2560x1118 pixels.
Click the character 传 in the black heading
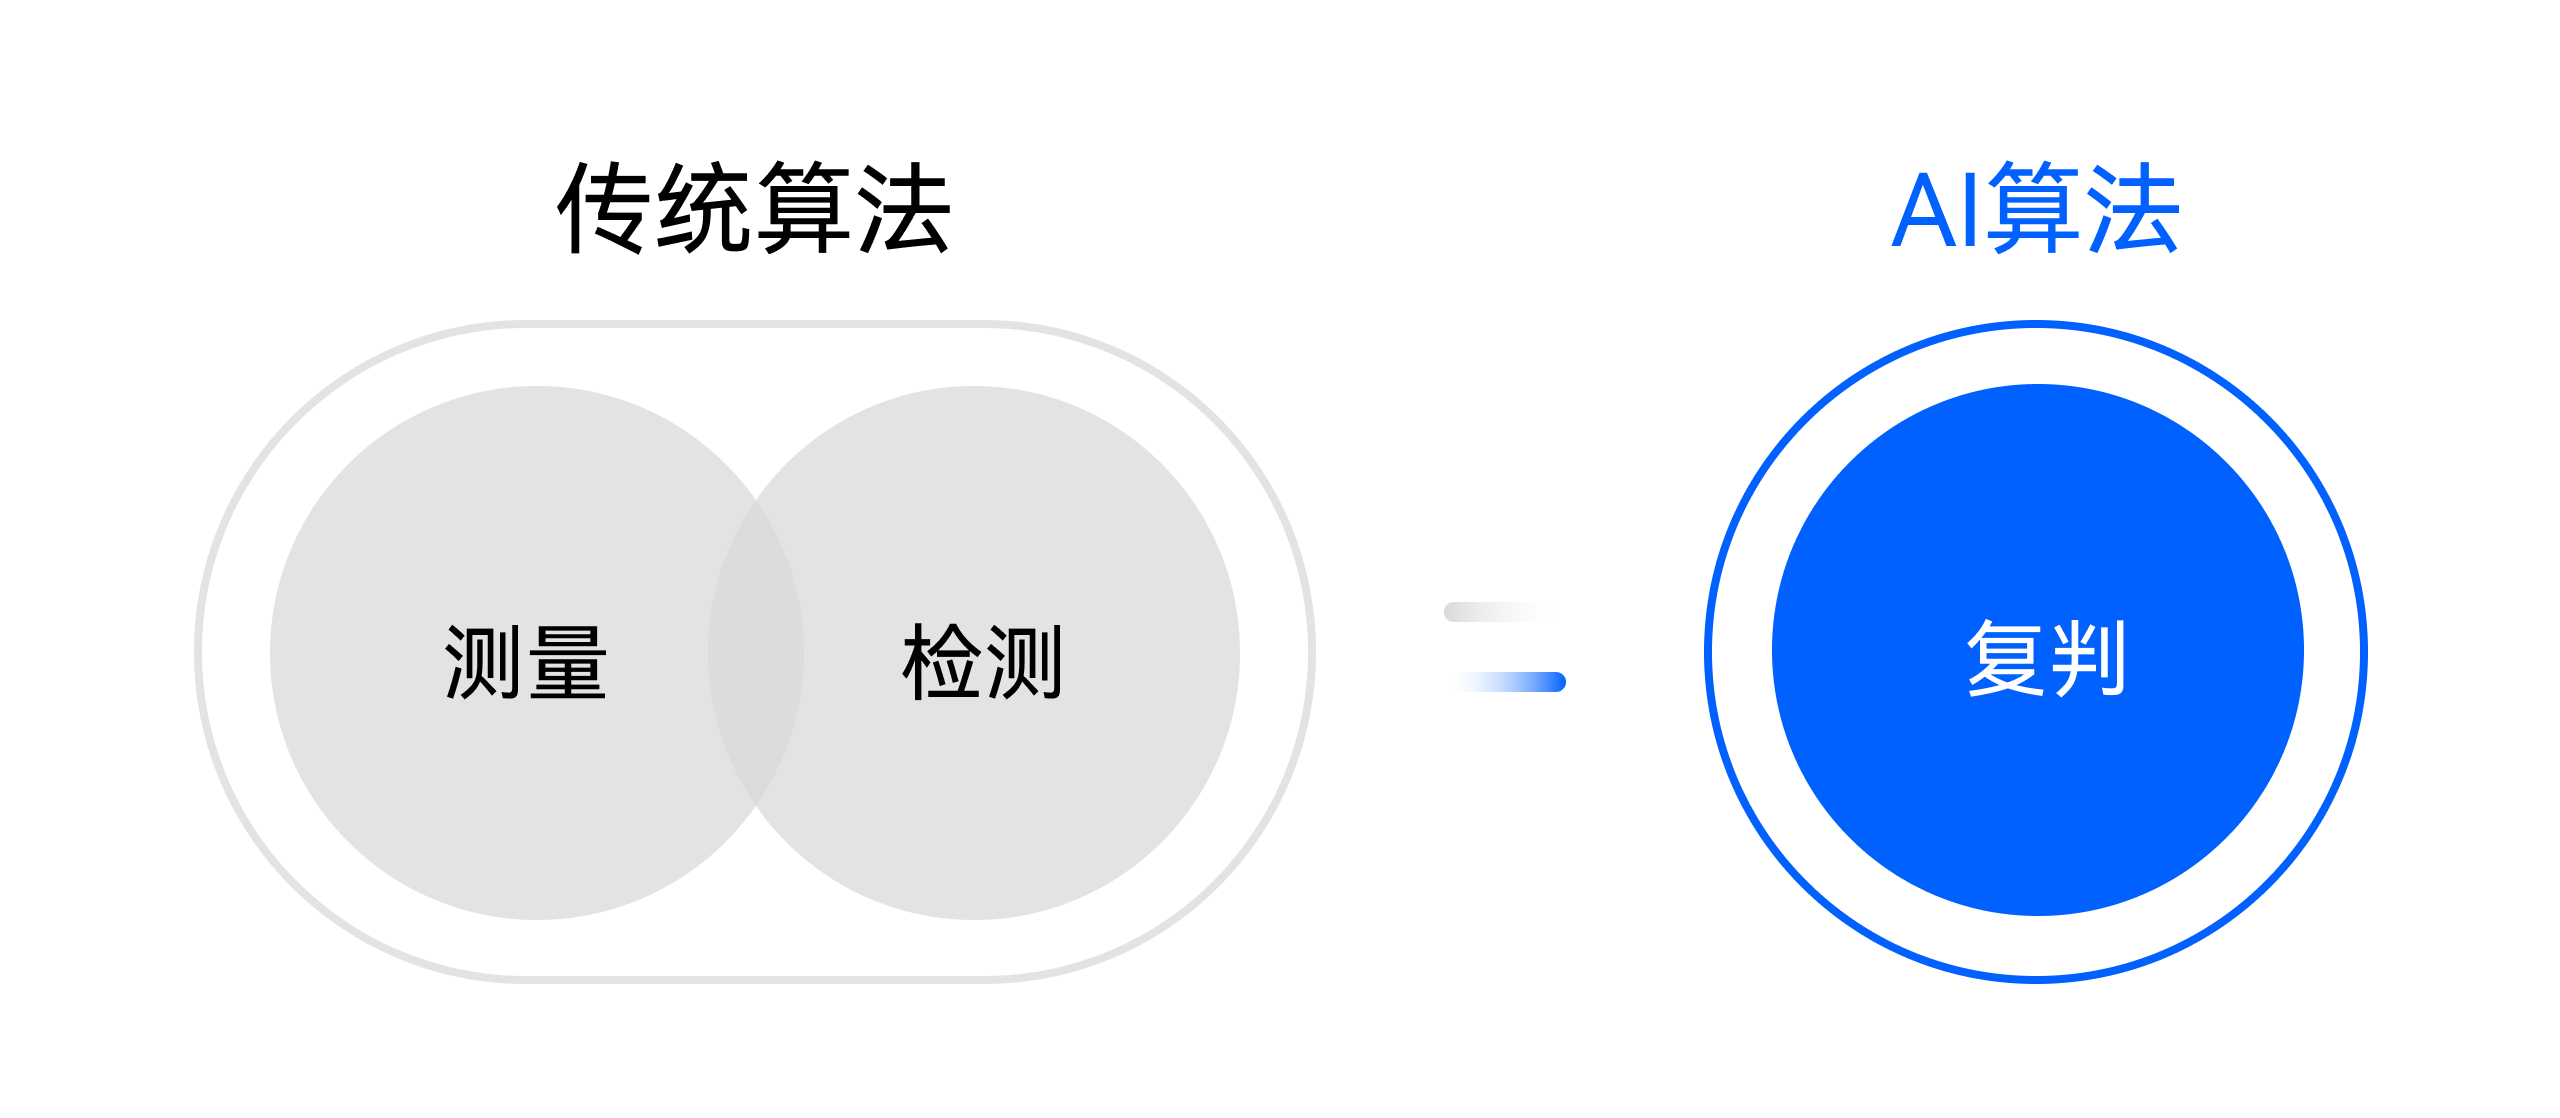point(605,207)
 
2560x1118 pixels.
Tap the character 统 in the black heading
point(704,207)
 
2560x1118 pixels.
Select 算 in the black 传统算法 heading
point(803,207)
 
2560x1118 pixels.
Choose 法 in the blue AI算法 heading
point(2133,207)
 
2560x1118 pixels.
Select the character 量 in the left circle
point(567,662)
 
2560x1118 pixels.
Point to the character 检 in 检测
point(941,662)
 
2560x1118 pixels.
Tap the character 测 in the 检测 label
point(1023,662)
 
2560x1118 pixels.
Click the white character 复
point(2005,657)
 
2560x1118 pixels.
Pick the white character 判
point(2088,657)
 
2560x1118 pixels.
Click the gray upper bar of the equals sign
point(1498,612)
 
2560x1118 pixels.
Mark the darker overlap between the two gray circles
point(756,653)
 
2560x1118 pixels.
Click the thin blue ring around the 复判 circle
point(1707,652)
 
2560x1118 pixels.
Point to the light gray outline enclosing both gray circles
point(754,324)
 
